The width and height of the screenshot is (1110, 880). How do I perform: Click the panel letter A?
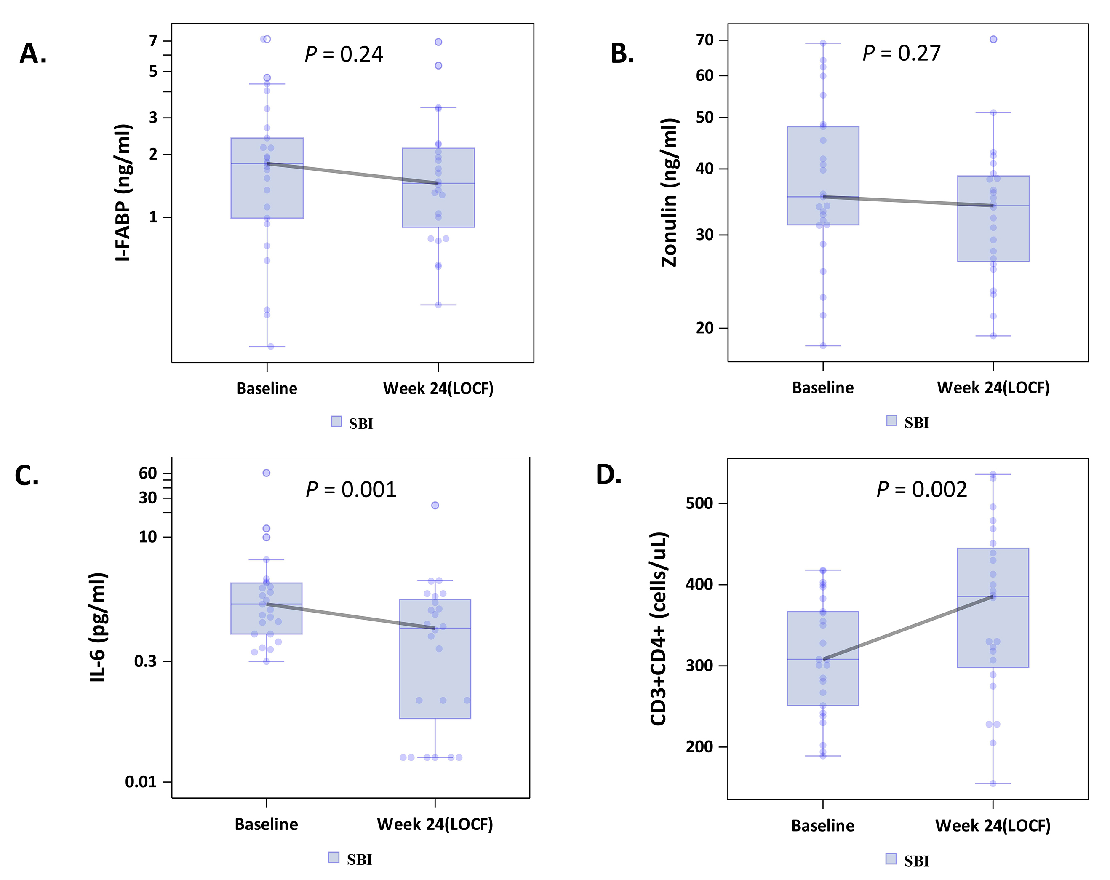click(33, 53)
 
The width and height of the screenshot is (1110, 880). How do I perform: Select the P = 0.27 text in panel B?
click(902, 53)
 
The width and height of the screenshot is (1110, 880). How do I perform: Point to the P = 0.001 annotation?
click(351, 489)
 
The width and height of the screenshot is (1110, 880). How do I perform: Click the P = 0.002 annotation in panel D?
click(922, 489)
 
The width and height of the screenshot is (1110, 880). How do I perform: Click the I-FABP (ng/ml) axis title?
click(123, 193)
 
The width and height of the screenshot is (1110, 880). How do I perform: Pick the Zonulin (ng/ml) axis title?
click(669, 193)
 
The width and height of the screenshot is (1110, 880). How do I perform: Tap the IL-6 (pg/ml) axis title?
click(98, 627)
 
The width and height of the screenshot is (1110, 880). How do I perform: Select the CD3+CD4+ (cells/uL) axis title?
click(659, 629)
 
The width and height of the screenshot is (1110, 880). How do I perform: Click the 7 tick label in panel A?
click(153, 41)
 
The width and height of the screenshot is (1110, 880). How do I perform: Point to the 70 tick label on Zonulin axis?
click(704, 40)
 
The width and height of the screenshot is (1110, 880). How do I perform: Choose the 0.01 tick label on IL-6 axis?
click(141, 782)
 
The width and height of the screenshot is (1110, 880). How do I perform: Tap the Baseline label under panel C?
click(266, 824)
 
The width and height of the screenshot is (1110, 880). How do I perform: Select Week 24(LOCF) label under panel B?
click(993, 388)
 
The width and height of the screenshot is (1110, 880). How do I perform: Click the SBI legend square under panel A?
click(336, 422)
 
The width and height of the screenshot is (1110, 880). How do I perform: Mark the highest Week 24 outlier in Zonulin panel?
click(993, 39)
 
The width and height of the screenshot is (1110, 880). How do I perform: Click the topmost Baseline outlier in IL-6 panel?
click(266, 473)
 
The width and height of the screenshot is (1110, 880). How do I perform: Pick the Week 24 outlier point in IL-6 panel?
click(435, 505)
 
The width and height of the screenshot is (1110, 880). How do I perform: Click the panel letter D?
click(608, 475)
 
